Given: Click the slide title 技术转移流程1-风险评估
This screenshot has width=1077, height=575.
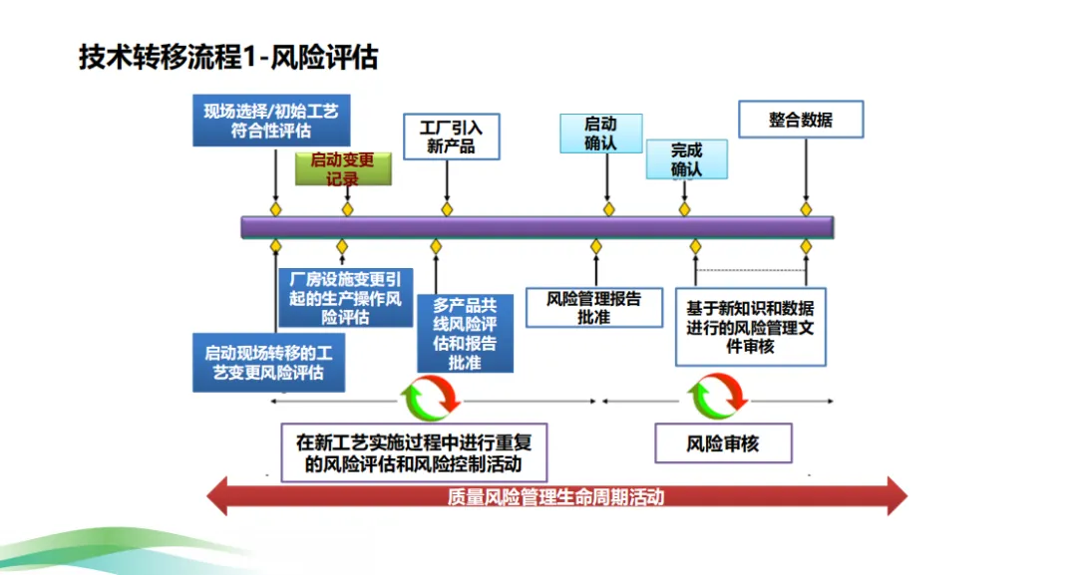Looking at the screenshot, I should point(228,58).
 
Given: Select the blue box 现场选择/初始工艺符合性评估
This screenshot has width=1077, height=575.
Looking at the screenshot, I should point(271,121).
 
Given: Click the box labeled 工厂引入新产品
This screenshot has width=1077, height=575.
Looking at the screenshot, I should point(451,137).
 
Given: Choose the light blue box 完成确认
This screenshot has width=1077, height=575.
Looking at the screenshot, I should point(686,159).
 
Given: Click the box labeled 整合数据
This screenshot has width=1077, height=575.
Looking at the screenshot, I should point(801,120).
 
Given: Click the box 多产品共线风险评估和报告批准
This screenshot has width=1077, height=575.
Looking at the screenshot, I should point(465,333).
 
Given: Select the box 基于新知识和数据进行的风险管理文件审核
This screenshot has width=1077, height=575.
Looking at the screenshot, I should point(750,327).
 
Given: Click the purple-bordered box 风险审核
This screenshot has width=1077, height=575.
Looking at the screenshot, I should point(723,443).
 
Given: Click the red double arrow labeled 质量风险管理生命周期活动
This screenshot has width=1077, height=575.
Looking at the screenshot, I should point(555,496).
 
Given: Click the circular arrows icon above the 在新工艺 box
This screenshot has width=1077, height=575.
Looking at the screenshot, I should point(430,399).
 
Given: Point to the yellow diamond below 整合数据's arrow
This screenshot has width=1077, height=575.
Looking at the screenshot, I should point(806,209).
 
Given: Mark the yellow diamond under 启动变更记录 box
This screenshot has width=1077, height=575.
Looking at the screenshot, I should point(347,209).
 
